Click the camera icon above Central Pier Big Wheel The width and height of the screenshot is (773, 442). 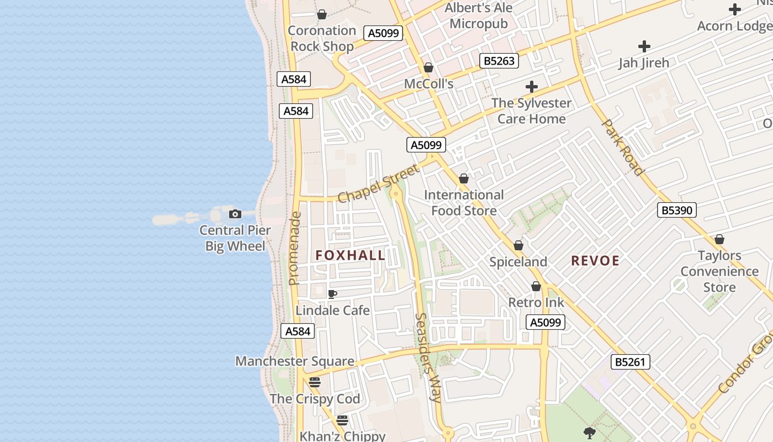pos(235,214)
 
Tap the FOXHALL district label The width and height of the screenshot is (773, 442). pos(351,255)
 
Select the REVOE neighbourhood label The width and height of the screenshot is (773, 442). pos(595,261)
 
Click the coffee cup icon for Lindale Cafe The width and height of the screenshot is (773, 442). pos(332,294)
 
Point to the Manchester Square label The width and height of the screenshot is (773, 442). pos(295,361)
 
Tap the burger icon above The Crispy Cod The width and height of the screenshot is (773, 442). pos(315,382)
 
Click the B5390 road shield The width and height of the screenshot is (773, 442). pos(677,210)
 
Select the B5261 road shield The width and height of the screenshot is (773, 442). pos(630,362)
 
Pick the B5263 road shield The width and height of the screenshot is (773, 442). pos(499,61)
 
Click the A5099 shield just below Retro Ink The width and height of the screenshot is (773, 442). pos(546,323)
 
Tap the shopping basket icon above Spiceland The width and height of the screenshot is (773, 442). pos(518,245)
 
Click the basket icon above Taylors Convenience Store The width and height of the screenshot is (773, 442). pos(719,239)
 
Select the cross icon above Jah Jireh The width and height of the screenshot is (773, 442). pos(644,46)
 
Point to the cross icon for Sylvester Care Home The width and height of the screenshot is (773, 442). pos(532,87)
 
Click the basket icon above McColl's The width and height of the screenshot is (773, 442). pos(428,68)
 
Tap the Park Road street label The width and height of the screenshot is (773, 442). pos(622,148)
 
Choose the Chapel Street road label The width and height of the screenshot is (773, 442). pos(378,183)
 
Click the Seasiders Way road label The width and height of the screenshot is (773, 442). pos(428,357)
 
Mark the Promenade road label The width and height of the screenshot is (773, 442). pos(295,249)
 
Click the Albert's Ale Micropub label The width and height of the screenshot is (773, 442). pos(479,16)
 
